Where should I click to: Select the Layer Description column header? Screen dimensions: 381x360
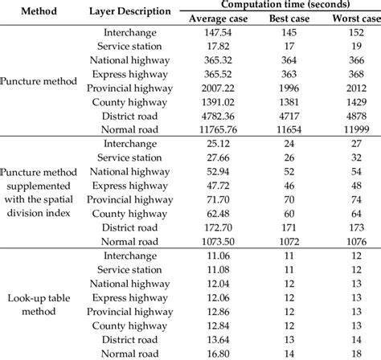(125, 12)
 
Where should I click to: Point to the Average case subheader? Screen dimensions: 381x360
(220, 18)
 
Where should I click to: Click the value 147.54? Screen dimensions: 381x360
(220, 33)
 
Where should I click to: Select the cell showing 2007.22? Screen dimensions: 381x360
(220, 88)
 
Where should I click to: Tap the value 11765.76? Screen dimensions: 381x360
(220, 129)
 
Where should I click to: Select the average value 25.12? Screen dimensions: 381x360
(220, 144)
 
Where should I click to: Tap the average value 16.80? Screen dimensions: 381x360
(220, 351)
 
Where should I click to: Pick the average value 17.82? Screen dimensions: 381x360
(220, 47)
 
